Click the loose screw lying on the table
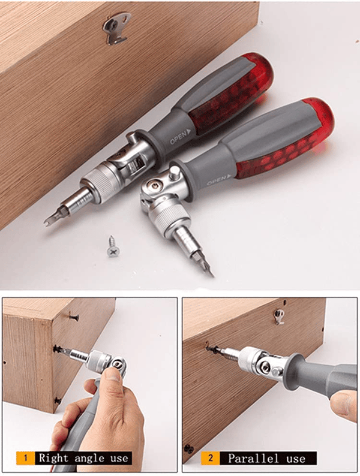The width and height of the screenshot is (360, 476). (x=112, y=246)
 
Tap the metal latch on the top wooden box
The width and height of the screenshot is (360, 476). (x=116, y=29)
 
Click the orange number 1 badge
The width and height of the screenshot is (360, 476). (x=25, y=458)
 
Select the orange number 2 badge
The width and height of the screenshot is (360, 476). (x=210, y=458)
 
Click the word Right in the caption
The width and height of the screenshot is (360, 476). (x=55, y=458)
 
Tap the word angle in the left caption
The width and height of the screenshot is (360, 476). (x=89, y=459)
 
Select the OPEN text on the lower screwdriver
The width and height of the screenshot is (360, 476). (x=216, y=180)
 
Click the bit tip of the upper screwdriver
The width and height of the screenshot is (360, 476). (x=47, y=222)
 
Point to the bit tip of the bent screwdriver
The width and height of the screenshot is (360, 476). (x=211, y=274)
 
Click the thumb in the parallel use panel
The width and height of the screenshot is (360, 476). (x=344, y=404)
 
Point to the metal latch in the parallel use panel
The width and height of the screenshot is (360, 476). (x=278, y=317)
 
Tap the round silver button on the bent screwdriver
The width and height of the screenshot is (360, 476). (x=174, y=173)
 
